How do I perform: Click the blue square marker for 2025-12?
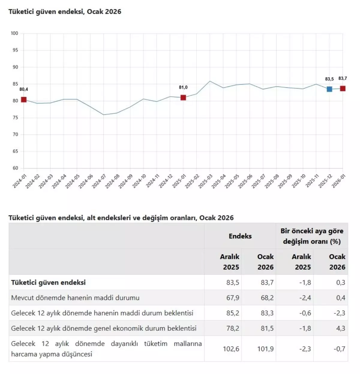coord(329,89)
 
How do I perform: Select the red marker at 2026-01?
coord(343,88)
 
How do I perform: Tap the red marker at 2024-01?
coord(24,99)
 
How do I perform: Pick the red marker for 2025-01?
coord(183,97)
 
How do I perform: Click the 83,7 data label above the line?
coord(343,78)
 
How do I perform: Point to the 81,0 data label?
coord(183,87)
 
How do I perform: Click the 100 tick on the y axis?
coord(14,33)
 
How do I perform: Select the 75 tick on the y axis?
coord(15,118)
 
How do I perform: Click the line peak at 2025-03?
coord(210,81)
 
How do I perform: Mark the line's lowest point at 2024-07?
coord(103,115)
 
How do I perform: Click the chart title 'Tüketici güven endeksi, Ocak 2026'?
coord(65,12)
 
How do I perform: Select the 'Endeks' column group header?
coord(240,236)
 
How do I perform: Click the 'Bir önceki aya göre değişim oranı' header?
coord(312,236)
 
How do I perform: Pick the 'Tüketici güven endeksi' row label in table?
coord(48,282)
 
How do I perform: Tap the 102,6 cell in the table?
coord(231,349)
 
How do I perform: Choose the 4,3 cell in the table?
coord(340,328)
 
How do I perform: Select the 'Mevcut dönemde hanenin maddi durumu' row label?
coord(75,298)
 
